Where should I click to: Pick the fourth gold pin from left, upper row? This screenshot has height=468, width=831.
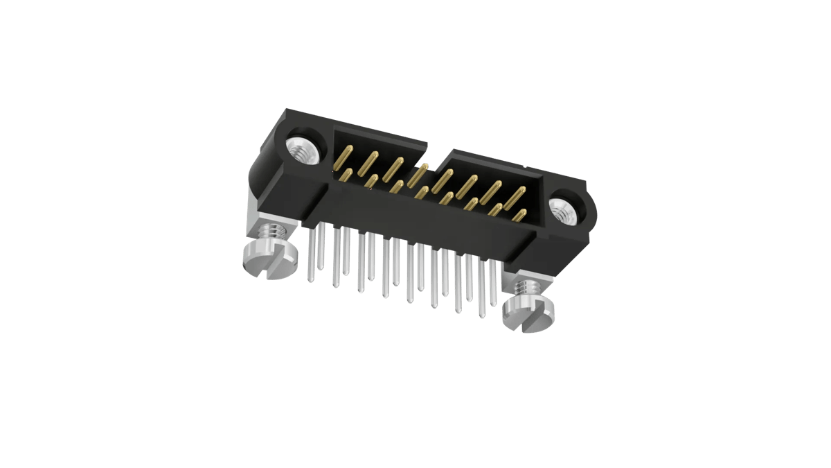point(418,173)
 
